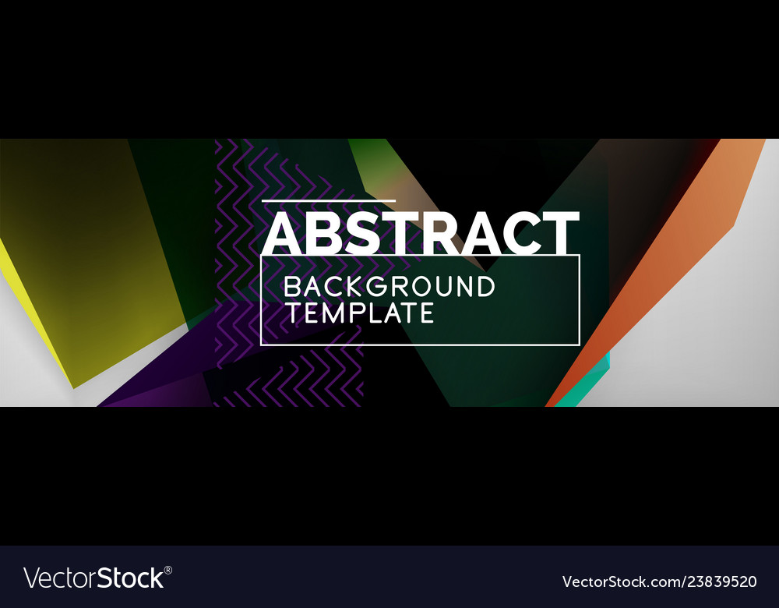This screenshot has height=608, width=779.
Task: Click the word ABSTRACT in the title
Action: point(421,232)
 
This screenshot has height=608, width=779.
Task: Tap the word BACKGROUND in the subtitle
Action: point(389,287)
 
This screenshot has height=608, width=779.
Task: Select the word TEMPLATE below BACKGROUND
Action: point(359,313)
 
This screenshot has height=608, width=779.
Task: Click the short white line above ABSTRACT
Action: point(328,201)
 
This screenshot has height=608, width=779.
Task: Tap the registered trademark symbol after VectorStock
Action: point(168,571)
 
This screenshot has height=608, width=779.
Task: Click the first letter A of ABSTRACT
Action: point(283,232)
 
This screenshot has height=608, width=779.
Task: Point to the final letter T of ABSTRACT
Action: point(561,232)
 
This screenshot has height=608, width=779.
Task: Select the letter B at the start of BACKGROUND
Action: point(292,287)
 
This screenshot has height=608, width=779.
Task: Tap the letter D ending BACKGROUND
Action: point(485,287)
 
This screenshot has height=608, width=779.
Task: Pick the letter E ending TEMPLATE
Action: point(425,313)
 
